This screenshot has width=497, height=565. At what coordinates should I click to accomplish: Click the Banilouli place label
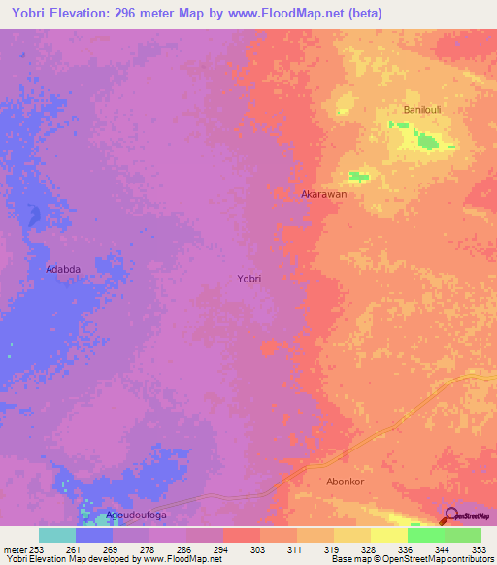pyautogui.click(x=423, y=110)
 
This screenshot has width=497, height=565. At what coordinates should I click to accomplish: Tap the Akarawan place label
pyautogui.click(x=324, y=194)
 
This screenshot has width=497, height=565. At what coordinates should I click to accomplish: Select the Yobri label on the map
pyautogui.click(x=249, y=278)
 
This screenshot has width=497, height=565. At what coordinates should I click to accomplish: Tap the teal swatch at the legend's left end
pyautogui.click(x=57, y=535)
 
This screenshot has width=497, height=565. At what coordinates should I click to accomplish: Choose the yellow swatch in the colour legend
pyautogui.click(x=388, y=535)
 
